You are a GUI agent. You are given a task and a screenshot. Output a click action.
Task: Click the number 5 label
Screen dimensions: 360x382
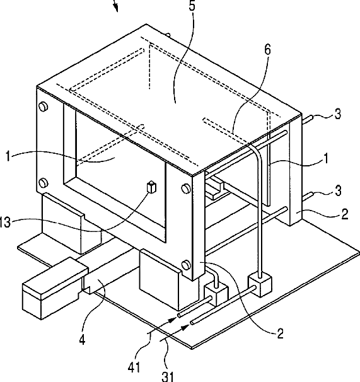click(192, 6)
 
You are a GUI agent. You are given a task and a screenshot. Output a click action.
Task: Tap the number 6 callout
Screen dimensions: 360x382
click(267, 49)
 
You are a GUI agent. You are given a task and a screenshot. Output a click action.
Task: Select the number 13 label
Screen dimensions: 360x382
click(5, 222)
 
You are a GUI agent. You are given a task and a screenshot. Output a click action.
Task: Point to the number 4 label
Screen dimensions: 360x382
click(83, 340)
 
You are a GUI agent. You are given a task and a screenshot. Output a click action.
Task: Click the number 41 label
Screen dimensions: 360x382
click(134, 367)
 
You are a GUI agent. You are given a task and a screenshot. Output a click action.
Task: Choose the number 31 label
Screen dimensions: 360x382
click(168, 376)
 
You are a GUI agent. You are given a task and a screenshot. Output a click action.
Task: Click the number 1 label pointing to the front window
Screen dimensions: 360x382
click(8, 156)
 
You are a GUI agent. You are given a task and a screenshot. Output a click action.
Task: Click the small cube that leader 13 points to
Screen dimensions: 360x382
click(151, 187)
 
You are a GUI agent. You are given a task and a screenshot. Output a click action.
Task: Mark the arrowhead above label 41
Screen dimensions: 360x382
click(173, 319)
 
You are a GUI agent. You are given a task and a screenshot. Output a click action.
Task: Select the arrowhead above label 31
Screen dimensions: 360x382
click(186, 327)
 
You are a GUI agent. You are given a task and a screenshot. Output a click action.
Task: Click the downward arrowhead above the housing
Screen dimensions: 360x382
click(116, 8)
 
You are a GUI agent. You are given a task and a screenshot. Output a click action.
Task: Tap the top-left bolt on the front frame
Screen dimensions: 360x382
click(44, 107)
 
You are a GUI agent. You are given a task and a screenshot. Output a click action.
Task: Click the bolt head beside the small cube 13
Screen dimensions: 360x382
click(186, 188)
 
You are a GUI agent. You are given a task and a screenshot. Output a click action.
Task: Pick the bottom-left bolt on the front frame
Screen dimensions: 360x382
click(44, 183)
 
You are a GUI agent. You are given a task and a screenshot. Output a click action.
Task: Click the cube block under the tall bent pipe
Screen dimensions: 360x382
click(260, 285)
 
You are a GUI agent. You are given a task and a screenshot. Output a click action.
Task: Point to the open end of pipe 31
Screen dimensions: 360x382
click(192, 323)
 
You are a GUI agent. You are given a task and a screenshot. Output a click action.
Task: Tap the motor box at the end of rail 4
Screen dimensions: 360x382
click(55, 288)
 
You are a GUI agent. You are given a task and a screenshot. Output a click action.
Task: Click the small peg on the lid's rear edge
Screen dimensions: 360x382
click(168, 35)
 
